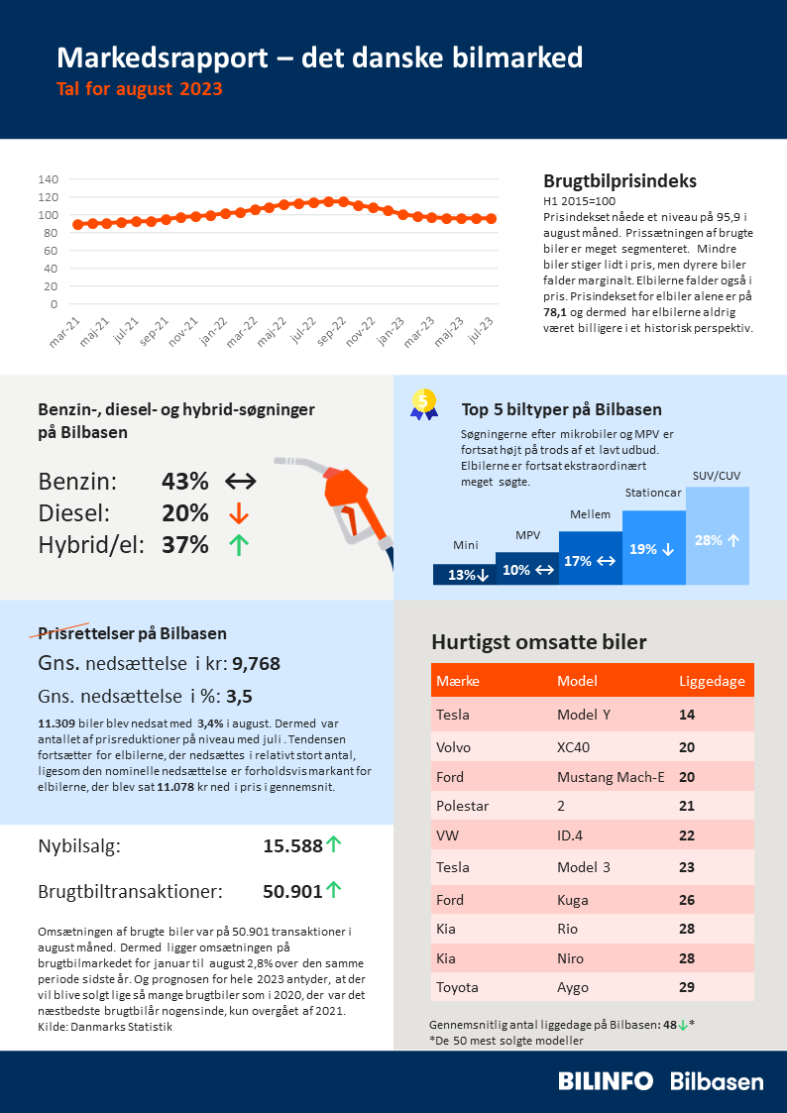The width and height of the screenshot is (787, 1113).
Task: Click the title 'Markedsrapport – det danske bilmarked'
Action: (319, 58)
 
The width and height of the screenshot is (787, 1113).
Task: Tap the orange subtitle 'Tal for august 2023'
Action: (140, 89)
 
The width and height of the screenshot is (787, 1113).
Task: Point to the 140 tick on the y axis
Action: (48, 179)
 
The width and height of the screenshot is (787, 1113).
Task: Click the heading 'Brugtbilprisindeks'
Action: (619, 181)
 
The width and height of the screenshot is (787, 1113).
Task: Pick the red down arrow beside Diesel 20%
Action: (238, 514)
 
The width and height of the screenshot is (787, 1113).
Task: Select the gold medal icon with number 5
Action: (424, 402)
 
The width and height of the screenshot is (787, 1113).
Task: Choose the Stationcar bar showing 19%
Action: (653, 548)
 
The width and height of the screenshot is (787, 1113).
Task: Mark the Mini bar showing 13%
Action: (464, 575)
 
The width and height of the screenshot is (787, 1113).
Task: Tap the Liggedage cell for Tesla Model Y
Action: (687, 715)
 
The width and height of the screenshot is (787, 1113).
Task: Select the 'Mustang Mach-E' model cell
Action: (611, 777)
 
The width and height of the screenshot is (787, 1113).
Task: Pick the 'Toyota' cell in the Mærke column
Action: (457, 987)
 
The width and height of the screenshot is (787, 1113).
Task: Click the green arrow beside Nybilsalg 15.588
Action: (334, 845)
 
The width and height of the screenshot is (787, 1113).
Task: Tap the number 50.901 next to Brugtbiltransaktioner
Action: (292, 891)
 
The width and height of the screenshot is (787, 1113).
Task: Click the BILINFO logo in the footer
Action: (606, 1081)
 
